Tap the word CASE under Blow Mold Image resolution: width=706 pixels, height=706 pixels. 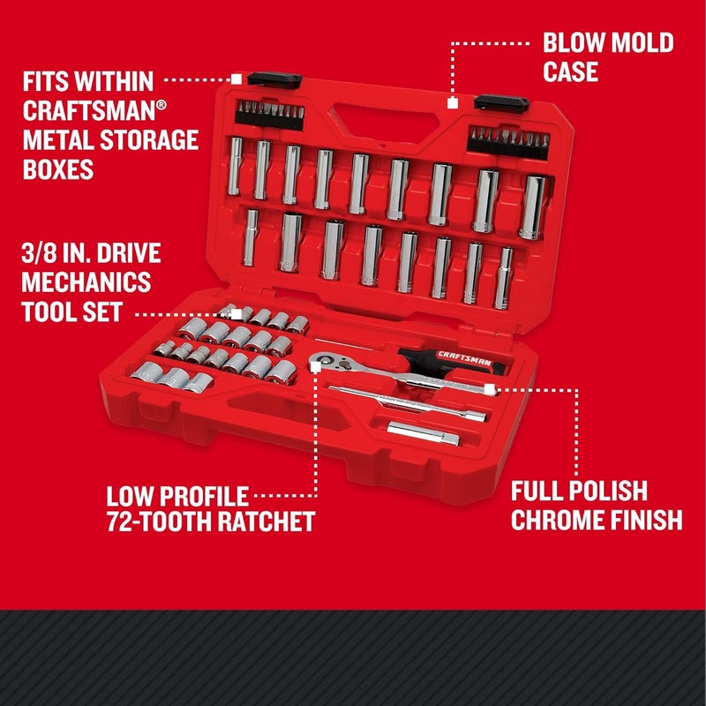[571, 72]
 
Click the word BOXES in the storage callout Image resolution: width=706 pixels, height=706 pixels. [59, 169]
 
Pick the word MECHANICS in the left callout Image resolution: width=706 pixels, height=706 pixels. [87, 284]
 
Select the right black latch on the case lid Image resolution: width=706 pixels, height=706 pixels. [500, 101]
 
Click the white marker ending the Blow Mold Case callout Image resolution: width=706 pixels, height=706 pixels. [452, 103]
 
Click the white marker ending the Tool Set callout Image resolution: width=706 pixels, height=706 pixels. [237, 314]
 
